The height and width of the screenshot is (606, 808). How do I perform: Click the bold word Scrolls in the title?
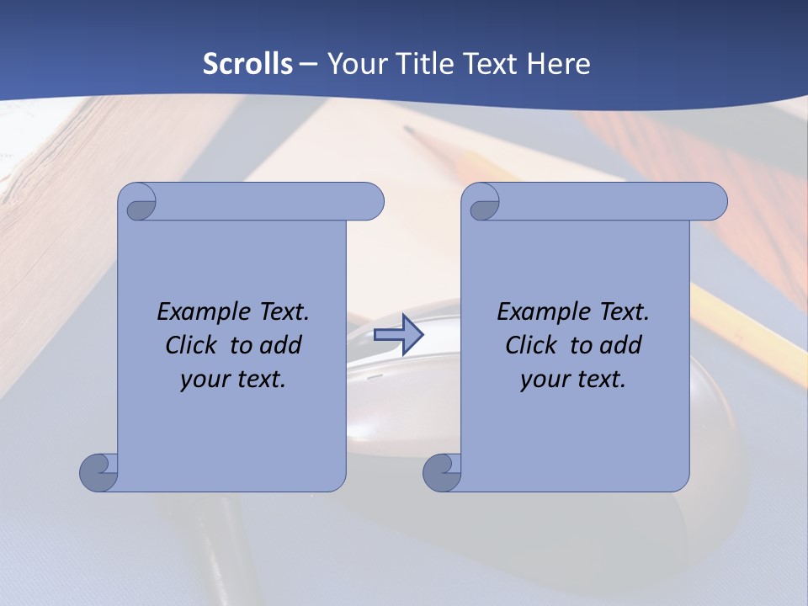click(248, 64)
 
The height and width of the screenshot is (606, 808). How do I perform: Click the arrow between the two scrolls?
click(398, 335)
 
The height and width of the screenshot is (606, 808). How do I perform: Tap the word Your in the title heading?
click(355, 64)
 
